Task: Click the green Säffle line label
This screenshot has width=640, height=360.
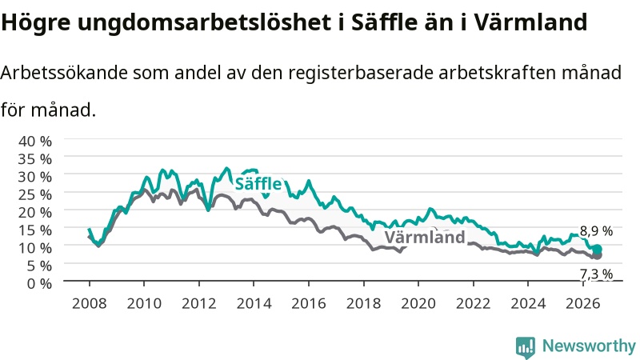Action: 258,184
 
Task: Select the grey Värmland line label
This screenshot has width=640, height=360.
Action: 425,237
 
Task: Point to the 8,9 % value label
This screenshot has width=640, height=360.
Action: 596,231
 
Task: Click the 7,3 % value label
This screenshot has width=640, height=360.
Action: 596,274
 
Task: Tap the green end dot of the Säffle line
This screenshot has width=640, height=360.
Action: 597,249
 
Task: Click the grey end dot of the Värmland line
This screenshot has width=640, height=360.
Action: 597,255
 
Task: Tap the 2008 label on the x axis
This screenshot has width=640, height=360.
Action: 90,303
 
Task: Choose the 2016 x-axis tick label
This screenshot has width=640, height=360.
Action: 309,303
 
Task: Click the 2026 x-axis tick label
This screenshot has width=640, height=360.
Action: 583,303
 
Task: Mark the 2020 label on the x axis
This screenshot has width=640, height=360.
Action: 418,303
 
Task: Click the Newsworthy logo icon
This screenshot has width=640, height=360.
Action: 526,347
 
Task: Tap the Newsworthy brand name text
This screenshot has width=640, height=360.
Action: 589,346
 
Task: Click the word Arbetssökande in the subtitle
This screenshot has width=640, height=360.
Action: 64,73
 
